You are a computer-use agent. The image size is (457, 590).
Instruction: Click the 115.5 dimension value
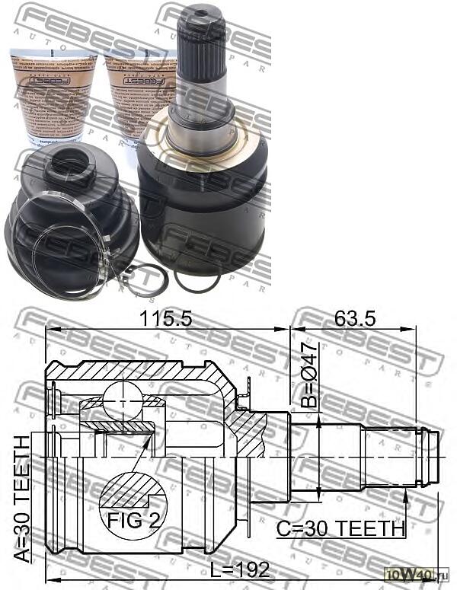pos(167,321)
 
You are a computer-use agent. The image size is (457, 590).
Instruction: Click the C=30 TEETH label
pos(341,528)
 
